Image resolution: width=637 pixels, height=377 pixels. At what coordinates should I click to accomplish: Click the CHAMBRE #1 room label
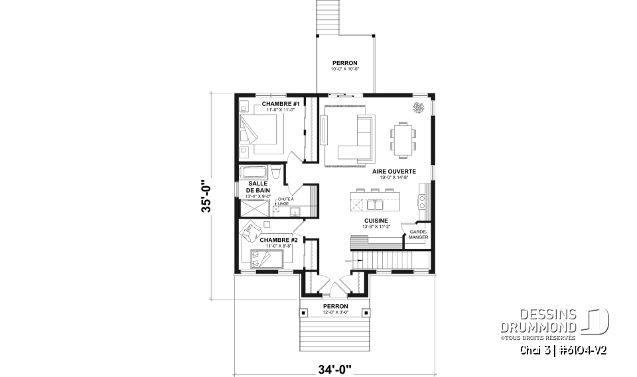(x=280, y=105)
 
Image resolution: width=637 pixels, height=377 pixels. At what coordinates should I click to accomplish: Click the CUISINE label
(x=375, y=221)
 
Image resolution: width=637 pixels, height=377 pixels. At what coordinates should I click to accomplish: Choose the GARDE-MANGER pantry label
(x=418, y=233)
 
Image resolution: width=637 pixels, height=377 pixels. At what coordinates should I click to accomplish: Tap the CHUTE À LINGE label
(x=286, y=201)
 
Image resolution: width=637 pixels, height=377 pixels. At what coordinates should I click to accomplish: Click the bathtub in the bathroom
(x=256, y=174)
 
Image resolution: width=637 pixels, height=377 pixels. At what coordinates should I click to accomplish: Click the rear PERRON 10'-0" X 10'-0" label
(x=345, y=66)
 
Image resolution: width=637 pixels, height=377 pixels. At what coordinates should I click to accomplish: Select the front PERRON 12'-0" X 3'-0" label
(x=335, y=308)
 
